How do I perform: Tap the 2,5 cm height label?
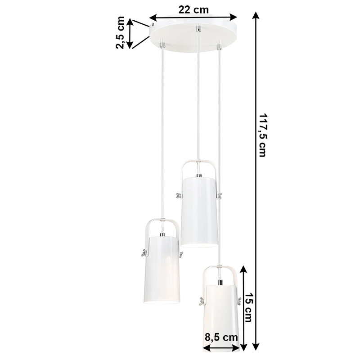coord(121,33)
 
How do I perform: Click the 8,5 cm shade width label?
coord(220,336)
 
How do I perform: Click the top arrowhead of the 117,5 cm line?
coord(256,15)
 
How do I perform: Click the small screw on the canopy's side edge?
coord(154,27)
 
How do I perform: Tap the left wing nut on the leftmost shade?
coord(141,254)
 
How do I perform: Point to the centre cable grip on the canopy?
coord(198,31)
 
